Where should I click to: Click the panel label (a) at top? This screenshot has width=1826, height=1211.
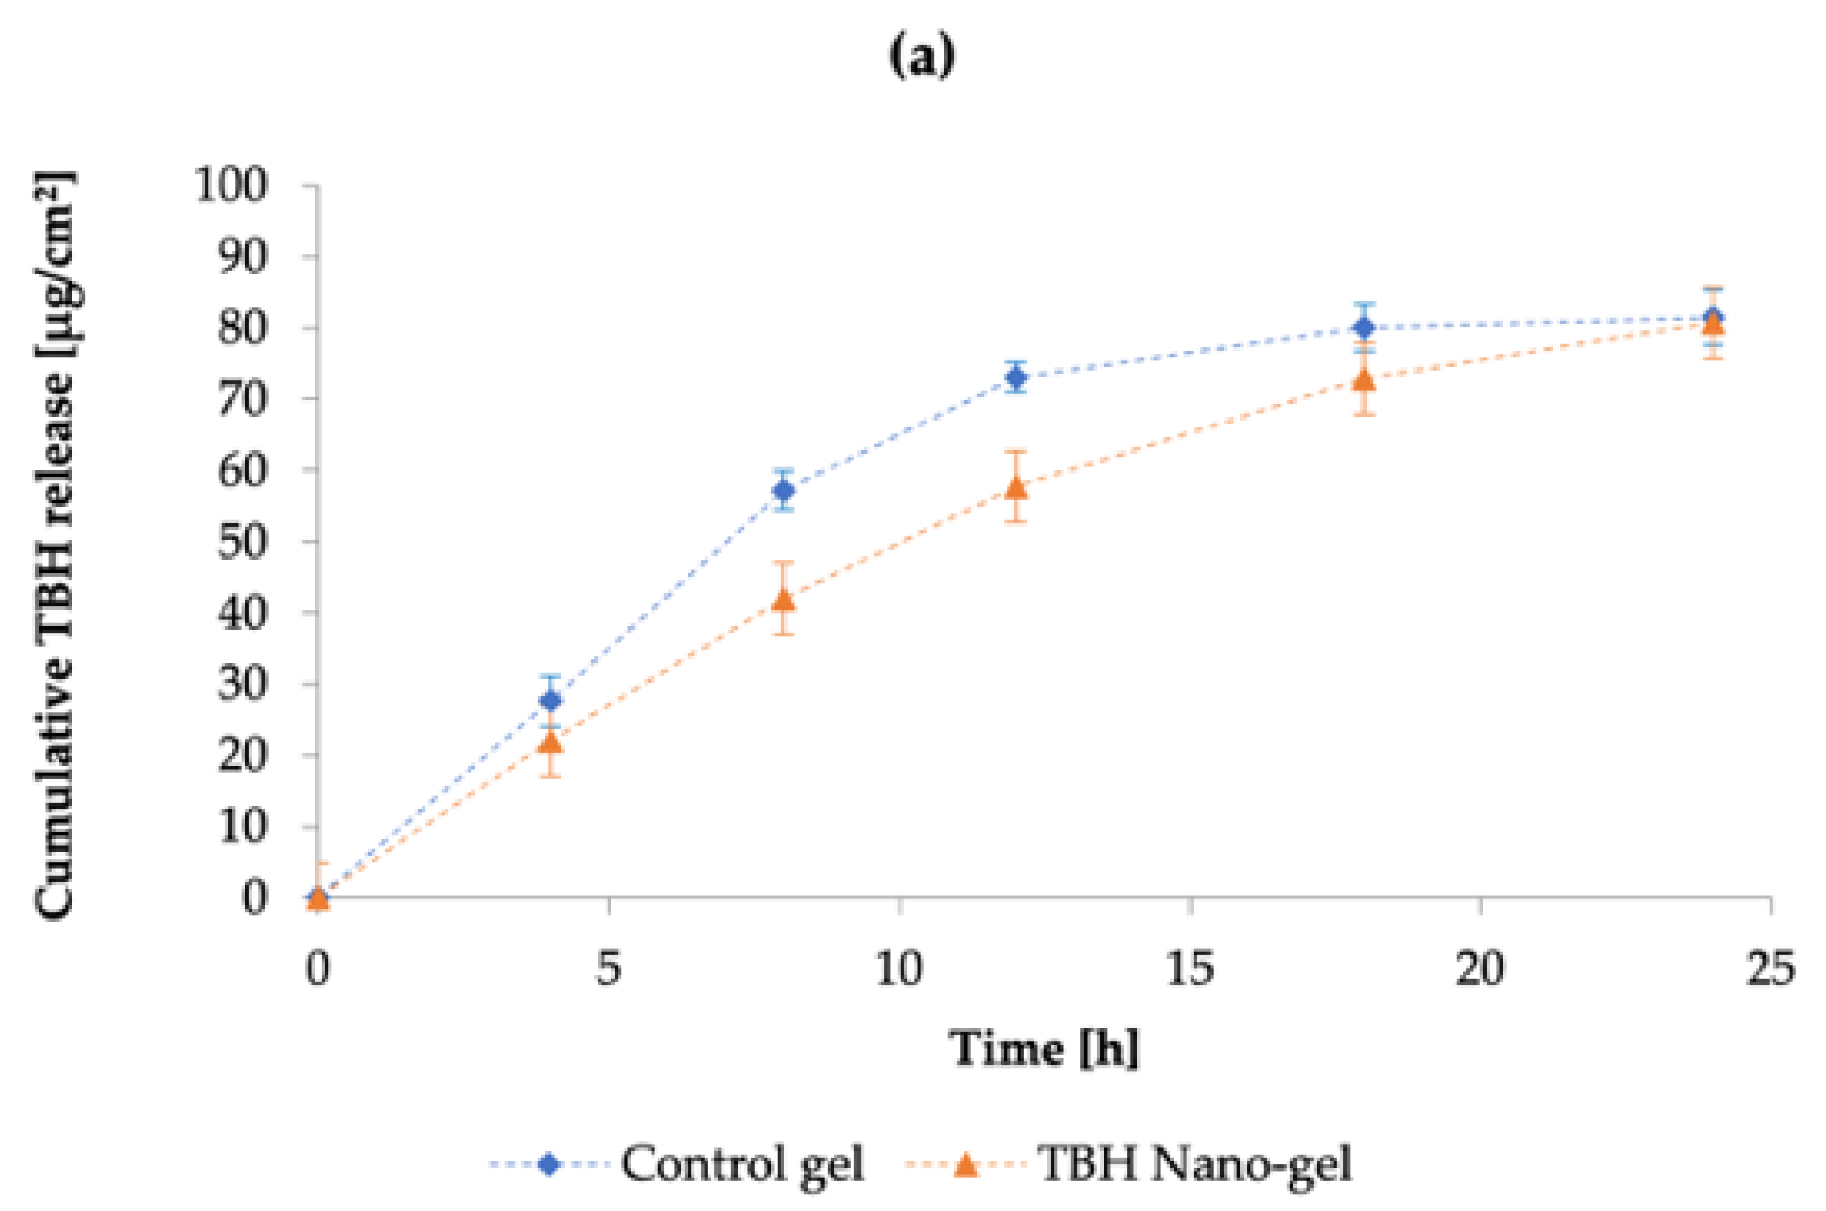point(922,56)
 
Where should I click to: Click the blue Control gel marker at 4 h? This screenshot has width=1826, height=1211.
point(550,700)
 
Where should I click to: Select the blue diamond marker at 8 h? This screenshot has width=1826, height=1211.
point(783,491)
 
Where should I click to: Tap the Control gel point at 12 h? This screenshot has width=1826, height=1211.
point(1016,377)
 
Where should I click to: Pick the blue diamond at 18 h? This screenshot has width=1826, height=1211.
point(1364,327)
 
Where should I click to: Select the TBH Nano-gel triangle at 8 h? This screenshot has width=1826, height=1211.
point(783,600)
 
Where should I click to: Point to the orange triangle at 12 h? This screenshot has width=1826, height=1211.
point(1016,488)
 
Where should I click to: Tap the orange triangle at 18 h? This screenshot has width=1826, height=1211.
point(1364,380)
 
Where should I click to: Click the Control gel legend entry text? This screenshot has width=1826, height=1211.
point(742,1164)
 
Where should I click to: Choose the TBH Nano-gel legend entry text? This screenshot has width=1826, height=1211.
point(1195,1164)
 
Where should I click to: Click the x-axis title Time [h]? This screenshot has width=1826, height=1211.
point(1044,1049)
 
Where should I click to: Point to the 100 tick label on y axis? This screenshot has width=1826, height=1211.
point(231,186)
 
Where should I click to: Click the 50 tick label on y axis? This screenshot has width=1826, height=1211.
point(241,542)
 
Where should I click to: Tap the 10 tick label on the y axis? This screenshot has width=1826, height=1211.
point(241,827)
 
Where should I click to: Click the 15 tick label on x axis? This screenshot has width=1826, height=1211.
point(1190,968)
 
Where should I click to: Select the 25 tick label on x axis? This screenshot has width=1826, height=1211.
point(1770,968)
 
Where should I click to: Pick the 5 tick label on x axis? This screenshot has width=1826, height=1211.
point(608,968)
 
